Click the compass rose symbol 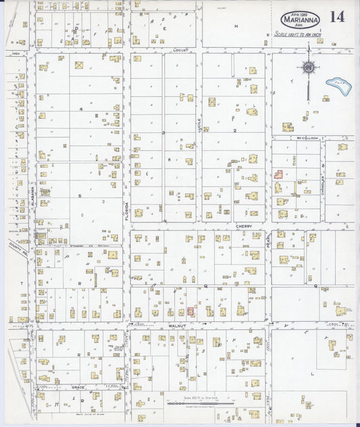308,67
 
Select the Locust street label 180,50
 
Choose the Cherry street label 243,227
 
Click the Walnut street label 176,324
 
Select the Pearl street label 269,239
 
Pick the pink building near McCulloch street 278,173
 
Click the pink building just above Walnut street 190,311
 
